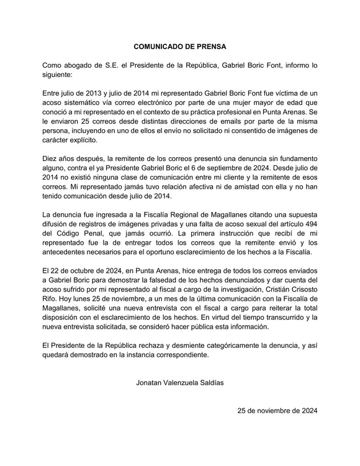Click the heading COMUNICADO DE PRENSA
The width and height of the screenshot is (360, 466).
pos(180,46)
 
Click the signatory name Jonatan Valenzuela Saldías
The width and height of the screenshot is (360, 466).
pos(180,383)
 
